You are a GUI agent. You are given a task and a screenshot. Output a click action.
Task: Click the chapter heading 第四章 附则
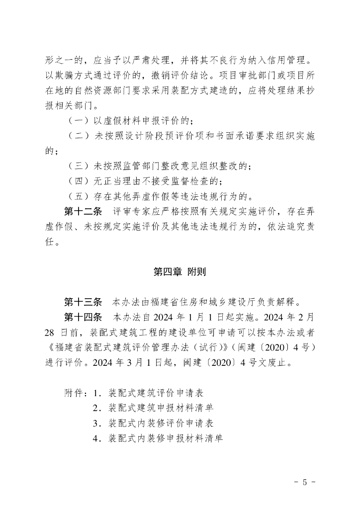click(x=180, y=272)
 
